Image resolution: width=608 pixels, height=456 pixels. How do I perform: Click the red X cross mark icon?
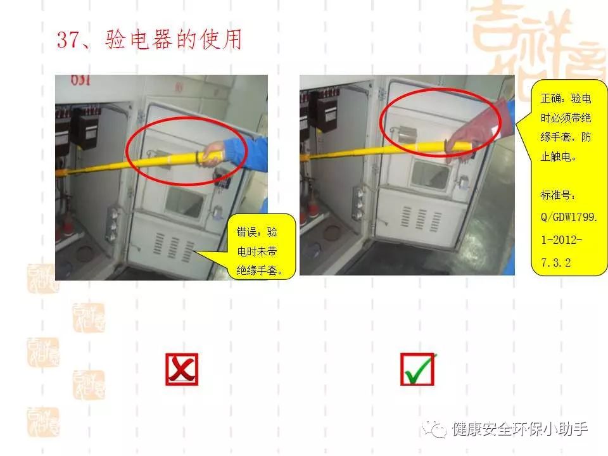click(x=182, y=369)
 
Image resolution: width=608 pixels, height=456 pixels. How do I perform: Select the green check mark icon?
click(x=418, y=369)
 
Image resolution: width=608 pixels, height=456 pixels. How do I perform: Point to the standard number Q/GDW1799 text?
click(x=569, y=217)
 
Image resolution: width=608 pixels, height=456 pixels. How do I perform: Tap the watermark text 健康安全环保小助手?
click(x=520, y=429)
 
